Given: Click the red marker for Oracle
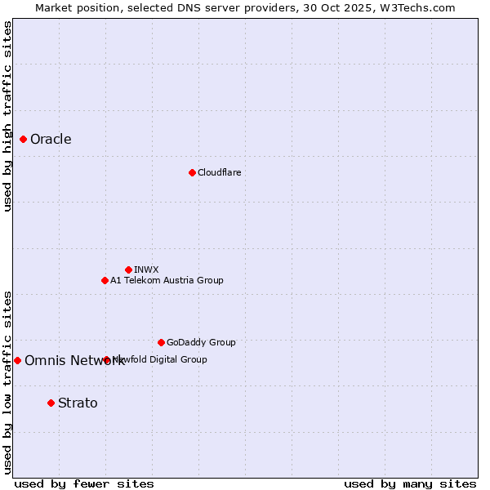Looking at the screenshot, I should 24,139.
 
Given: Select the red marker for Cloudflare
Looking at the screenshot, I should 192,172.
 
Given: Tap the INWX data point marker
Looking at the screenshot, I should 128,269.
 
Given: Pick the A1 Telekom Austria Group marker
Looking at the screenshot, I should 105,280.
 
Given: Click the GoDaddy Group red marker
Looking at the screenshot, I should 161,342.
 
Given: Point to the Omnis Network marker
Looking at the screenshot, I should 17,360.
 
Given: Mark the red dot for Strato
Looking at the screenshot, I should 51,403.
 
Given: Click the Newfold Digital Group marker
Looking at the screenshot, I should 107,359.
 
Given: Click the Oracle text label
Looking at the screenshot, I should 51,140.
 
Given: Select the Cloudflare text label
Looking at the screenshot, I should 219,172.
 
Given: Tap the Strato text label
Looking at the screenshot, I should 78,403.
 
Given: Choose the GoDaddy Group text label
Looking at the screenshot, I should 201,342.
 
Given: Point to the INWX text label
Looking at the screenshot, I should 146,269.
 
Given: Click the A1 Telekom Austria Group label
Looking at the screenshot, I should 167,280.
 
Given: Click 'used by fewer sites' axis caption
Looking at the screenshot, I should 84,483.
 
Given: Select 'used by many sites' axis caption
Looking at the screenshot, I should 410,483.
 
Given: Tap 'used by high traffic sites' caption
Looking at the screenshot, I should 7,115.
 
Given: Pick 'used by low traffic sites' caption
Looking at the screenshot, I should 7,381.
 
